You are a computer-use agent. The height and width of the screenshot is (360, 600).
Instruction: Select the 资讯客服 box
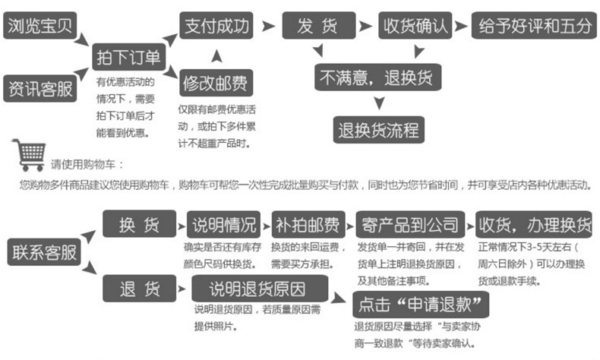point(41,88)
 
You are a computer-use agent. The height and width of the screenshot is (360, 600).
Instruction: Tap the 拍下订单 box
point(127,58)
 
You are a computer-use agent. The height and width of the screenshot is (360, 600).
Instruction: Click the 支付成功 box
point(216,26)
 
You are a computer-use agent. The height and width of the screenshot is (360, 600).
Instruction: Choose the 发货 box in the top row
point(318,26)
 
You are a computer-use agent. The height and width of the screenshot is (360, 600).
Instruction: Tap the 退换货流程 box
point(378,129)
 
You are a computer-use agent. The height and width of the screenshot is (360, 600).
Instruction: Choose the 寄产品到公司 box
point(409,225)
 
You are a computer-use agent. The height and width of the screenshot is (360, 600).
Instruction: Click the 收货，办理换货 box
point(535,225)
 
